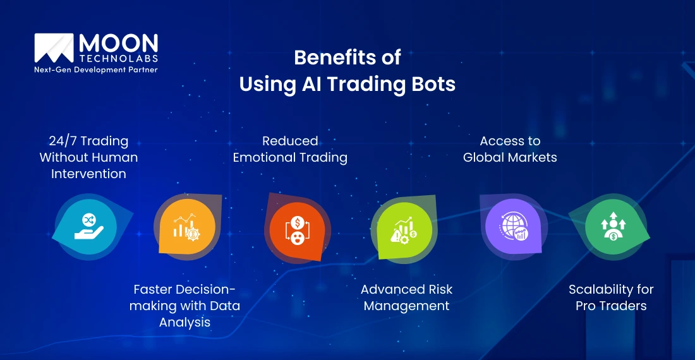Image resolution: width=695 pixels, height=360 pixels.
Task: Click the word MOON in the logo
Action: (118, 44)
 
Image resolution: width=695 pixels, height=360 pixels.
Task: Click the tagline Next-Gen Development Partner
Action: (95, 70)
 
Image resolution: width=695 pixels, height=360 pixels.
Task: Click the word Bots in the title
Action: (433, 84)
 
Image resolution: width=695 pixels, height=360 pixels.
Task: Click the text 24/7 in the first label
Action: (61, 141)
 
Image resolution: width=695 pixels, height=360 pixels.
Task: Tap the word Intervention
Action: (88, 174)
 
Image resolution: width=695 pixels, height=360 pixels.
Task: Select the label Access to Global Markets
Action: (510, 149)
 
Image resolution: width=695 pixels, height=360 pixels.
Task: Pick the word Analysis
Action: (184, 323)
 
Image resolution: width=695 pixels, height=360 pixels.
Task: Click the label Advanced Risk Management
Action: (406, 298)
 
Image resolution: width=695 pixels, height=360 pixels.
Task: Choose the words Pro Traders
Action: (611, 306)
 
